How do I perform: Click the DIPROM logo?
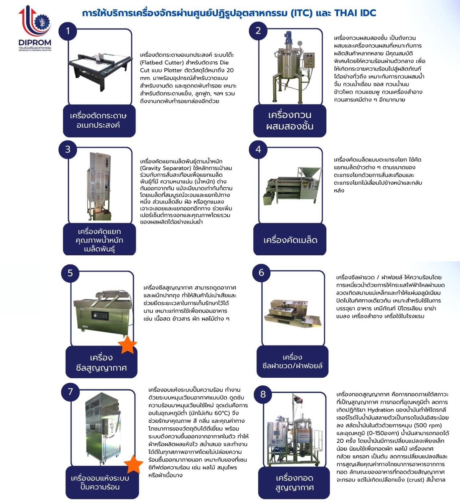(35, 29)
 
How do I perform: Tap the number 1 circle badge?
(68, 31)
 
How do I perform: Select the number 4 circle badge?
(258, 149)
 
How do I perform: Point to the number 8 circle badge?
(263, 394)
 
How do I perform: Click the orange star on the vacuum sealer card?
(127, 345)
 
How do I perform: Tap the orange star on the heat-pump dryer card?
(134, 464)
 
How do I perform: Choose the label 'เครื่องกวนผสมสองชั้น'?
(290, 120)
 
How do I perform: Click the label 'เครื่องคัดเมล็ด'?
(290, 240)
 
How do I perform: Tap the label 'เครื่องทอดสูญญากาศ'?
(294, 482)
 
